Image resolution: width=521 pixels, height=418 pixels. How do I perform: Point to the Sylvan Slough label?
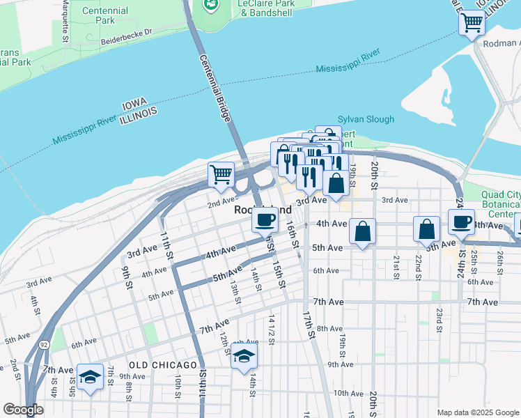366,119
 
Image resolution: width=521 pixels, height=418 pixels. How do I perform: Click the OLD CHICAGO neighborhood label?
163,365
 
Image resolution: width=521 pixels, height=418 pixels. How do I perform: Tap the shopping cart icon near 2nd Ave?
221,174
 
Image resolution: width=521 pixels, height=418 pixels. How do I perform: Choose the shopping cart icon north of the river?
472,23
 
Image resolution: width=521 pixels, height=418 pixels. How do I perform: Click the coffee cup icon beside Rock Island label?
265,220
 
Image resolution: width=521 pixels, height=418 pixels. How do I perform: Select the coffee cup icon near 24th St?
461,221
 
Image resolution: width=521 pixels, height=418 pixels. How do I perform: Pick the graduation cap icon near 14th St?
243,356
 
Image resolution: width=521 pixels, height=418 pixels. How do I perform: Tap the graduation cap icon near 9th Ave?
90,377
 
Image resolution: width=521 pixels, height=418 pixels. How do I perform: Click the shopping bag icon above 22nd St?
426,229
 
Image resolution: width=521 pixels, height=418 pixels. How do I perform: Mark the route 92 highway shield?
43,344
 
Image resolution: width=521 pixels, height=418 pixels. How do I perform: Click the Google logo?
24,410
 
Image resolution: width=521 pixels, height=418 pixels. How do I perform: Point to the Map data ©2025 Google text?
477,412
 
